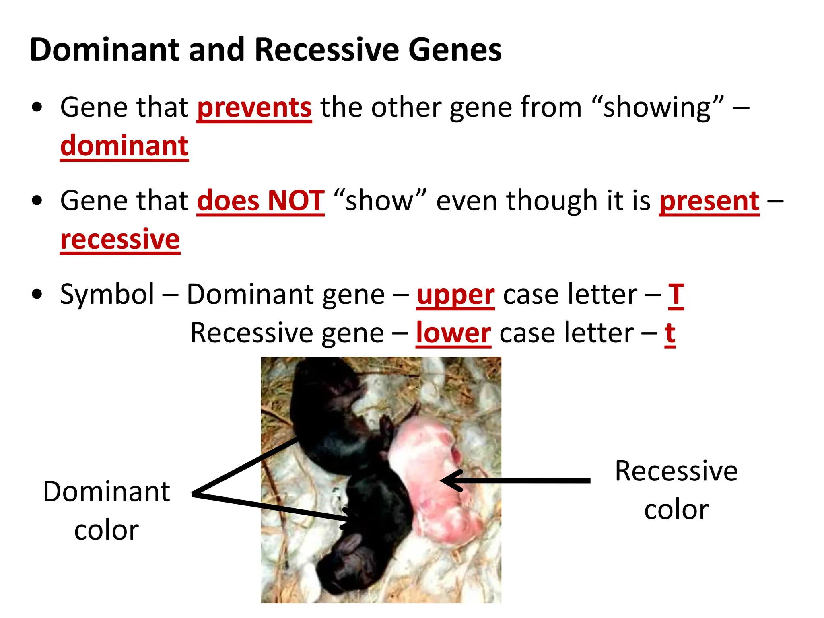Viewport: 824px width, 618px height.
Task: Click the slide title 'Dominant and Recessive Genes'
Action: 266,50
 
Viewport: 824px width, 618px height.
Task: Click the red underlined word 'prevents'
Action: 254,107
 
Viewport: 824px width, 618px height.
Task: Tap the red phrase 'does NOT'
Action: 260,200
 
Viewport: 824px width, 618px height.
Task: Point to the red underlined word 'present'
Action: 709,201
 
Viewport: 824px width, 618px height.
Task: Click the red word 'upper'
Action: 455,295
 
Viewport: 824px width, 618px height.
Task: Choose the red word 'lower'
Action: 453,333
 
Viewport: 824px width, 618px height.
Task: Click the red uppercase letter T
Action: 676,295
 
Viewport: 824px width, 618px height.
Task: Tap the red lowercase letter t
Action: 669,333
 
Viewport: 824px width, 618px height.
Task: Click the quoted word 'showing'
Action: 657,107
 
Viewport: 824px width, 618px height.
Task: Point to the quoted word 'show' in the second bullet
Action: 379,200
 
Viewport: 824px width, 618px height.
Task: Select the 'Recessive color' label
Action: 676,490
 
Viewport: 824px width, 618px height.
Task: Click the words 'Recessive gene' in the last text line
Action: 287,333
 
